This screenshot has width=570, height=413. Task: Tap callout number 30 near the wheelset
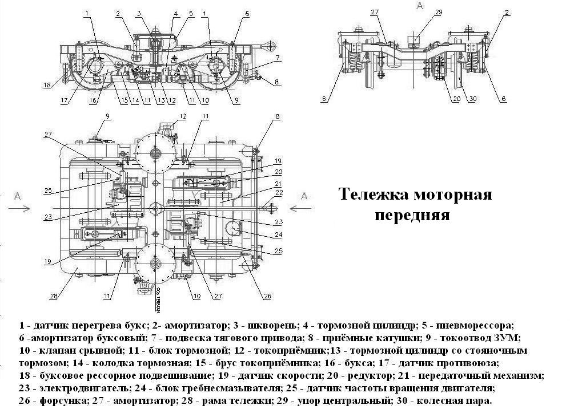pyautogui.click(x=472, y=99)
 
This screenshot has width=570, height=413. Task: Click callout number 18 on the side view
pyautogui.click(x=47, y=86)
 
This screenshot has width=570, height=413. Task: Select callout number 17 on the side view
pyautogui.click(x=64, y=102)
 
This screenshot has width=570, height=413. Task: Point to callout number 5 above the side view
pyautogui.click(x=191, y=13)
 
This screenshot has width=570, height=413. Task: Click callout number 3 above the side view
pyautogui.click(x=139, y=13)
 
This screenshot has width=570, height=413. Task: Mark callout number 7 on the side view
pyautogui.click(x=277, y=58)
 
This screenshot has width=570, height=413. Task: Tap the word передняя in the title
pyautogui.click(x=412, y=216)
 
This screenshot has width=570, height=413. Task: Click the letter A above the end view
pyautogui.click(x=420, y=6)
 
